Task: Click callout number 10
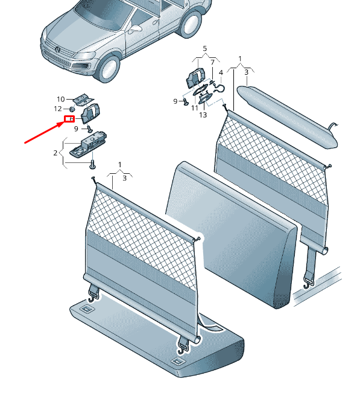[x=61, y=99]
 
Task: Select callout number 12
[x=58, y=109]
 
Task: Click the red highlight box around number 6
[x=69, y=119]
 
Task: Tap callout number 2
[x=55, y=153]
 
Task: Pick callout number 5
[x=204, y=48]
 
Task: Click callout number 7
[x=212, y=62]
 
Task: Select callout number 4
[x=221, y=72]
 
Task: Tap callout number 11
[x=195, y=108]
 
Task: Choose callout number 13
[x=203, y=115]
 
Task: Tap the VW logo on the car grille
[x=58, y=49]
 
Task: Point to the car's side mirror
[x=135, y=29]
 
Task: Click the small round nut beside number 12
[x=72, y=109]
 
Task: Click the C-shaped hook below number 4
[x=218, y=88]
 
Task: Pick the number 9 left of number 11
[x=175, y=101]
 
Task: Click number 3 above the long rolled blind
[x=247, y=72]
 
